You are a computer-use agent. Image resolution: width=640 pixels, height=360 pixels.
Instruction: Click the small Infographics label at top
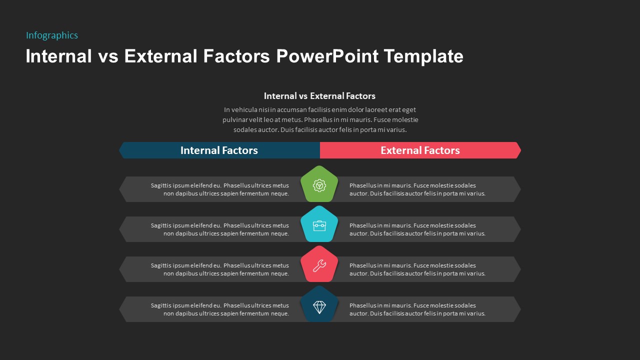[52, 35]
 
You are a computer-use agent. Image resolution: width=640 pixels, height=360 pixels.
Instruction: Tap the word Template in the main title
[423, 56]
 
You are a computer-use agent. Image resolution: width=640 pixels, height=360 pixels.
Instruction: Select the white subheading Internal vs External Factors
[319, 96]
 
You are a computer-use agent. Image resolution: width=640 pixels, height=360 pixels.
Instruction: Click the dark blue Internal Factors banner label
[219, 150]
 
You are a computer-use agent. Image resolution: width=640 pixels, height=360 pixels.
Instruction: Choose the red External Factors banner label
[420, 150]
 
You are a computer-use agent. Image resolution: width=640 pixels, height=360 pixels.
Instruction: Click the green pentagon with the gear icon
[319, 185]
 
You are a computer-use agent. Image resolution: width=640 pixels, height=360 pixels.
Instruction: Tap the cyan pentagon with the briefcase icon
[319, 225]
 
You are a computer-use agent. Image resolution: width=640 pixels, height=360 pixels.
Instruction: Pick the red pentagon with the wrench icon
[319, 265]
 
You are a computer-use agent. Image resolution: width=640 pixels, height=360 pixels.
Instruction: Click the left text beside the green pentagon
[220, 189]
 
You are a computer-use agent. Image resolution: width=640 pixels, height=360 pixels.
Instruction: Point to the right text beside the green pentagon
[417, 189]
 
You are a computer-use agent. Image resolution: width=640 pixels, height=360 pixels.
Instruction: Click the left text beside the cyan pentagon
[220, 229]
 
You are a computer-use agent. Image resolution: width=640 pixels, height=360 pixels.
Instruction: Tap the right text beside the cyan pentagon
[417, 229]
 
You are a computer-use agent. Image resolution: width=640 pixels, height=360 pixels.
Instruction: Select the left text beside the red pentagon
[220, 269]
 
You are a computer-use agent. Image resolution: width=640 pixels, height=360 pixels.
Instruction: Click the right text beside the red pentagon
[417, 269]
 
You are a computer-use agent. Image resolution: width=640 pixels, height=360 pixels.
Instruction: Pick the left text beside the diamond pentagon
[220, 309]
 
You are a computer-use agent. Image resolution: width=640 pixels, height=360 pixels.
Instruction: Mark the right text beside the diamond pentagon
[417, 309]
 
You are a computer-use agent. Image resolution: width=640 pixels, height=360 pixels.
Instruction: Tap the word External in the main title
[160, 56]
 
